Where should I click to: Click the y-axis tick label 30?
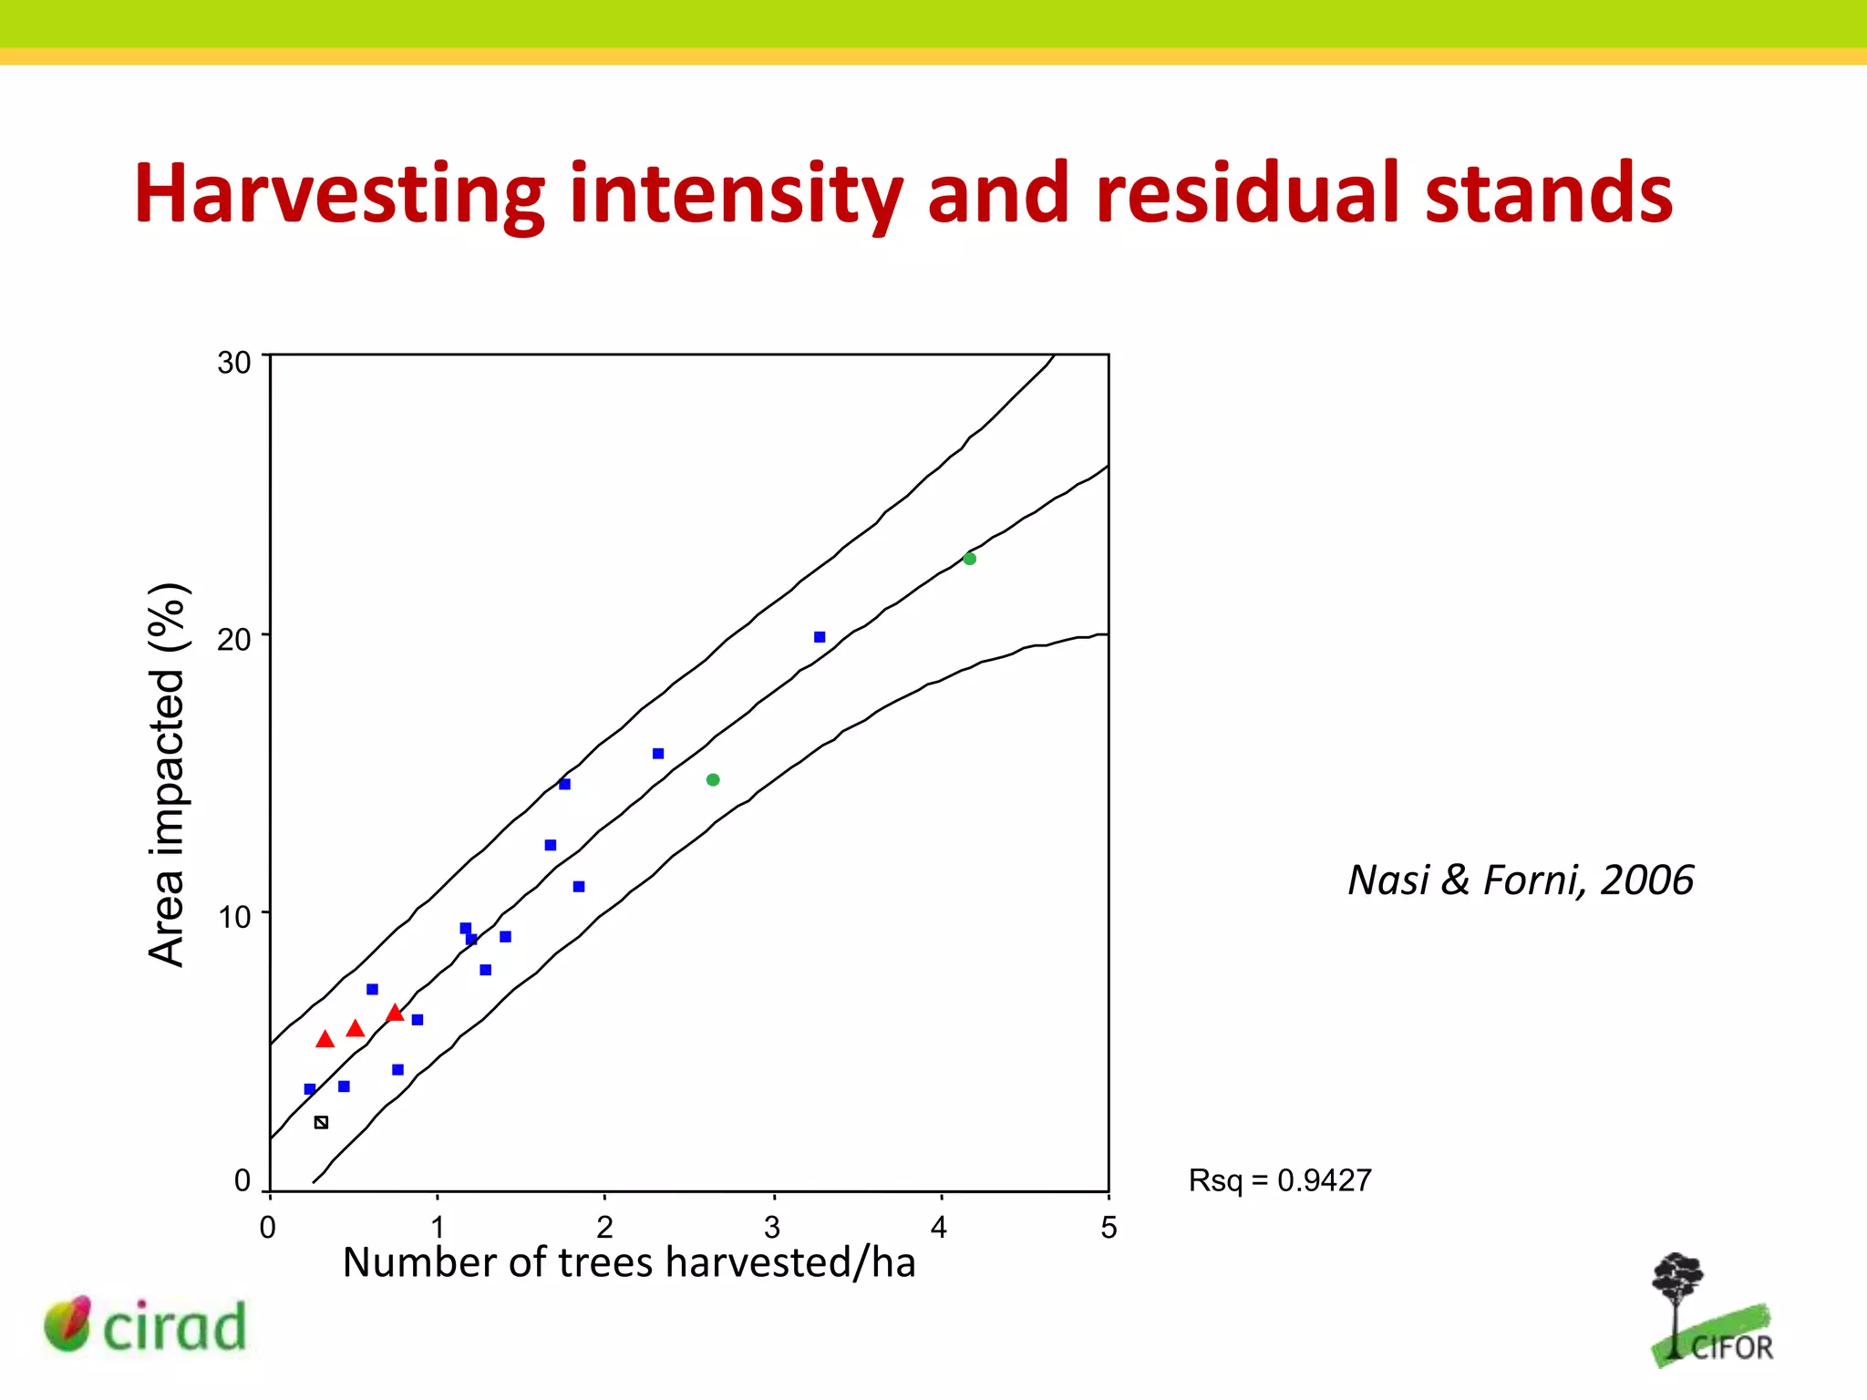point(233,363)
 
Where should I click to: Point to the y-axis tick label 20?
point(233,640)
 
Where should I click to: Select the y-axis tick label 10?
point(233,917)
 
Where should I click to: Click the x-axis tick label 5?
point(1109,1228)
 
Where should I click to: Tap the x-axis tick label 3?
point(772,1228)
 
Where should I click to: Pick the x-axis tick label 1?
point(438,1228)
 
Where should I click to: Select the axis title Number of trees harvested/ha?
point(629,1262)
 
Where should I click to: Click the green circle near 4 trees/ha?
point(970,559)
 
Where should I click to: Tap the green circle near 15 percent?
point(713,779)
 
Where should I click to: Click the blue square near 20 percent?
point(820,637)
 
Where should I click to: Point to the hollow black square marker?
point(321,1122)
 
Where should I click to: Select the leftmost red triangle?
point(325,1039)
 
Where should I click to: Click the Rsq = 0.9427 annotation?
point(1280,1180)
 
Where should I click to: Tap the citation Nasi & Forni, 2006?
point(1521,880)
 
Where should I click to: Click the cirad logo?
point(146,1325)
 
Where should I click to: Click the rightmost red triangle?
point(395,1013)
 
